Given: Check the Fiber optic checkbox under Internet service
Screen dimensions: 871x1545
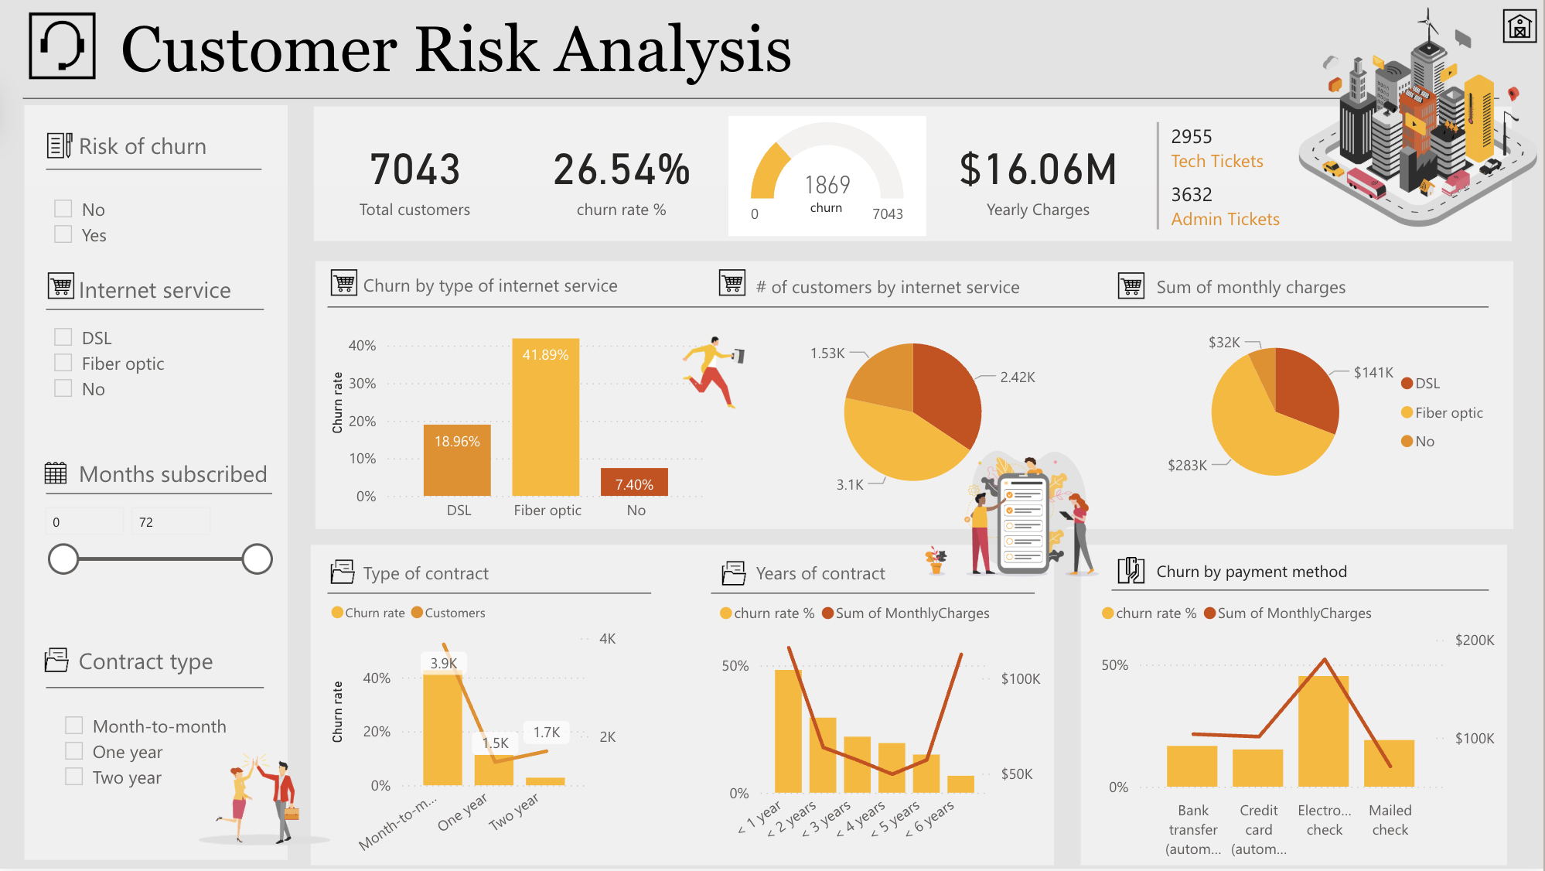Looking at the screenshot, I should click(x=63, y=363).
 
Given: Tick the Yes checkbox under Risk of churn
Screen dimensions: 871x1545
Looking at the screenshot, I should click(x=63, y=234).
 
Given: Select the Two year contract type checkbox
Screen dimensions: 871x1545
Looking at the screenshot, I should click(x=74, y=777).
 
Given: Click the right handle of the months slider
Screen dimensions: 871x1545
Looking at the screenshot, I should click(x=257, y=558).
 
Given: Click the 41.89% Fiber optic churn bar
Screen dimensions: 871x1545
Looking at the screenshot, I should click(x=545, y=418).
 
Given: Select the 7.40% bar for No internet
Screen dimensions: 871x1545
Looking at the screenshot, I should click(x=634, y=482).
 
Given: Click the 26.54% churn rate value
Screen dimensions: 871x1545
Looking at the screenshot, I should click(x=621, y=170).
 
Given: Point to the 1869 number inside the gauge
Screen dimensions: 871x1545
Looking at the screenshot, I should click(x=827, y=185).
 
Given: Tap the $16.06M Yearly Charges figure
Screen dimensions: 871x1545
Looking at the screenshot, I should click(x=1038, y=170).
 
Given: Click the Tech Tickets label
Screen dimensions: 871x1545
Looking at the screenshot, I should click(x=1216, y=161).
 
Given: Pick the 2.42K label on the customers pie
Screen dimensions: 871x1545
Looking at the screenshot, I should click(x=1017, y=377).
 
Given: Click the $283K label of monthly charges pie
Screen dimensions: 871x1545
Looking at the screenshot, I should click(x=1187, y=465).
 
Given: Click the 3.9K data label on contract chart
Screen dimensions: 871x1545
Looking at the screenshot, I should click(x=444, y=663).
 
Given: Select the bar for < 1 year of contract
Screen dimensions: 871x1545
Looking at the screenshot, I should click(x=788, y=731).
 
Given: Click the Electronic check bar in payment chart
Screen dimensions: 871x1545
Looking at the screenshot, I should click(x=1323, y=731).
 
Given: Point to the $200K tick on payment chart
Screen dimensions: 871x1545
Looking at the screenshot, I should click(x=1474, y=640).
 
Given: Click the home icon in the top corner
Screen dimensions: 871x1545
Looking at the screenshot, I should click(x=1519, y=27).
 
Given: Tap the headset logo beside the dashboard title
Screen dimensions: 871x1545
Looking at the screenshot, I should click(x=63, y=46).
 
